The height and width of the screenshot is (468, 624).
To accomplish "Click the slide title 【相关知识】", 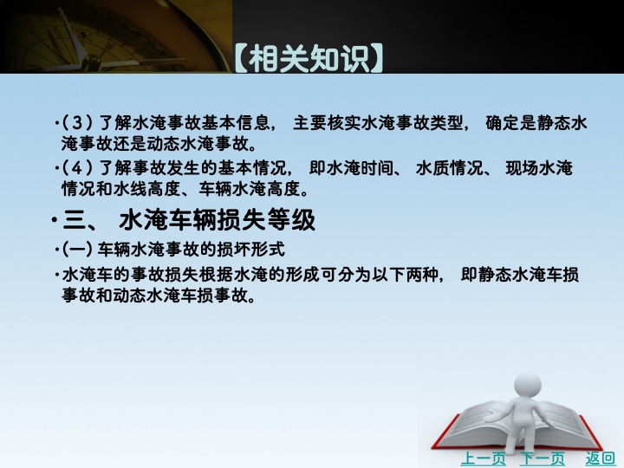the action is [309, 58].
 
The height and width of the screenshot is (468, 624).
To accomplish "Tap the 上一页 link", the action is [483, 458].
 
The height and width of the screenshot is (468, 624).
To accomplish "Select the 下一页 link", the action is [542, 458].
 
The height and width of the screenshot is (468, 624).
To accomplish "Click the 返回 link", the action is [600, 458].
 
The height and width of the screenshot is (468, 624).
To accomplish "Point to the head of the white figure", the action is [527, 386].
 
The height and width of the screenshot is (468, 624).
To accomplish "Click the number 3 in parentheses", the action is [77, 123].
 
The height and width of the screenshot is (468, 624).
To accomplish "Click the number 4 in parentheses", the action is [77, 168].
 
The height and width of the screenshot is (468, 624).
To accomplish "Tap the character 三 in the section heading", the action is [74, 220].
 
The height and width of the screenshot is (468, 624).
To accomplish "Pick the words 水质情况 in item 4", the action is [449, 168].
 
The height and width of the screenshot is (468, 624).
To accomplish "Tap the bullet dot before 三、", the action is [54, 220].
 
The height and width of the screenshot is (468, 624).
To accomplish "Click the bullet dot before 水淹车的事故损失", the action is [58, 275].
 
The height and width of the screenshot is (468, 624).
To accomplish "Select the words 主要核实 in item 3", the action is [327, 123].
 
